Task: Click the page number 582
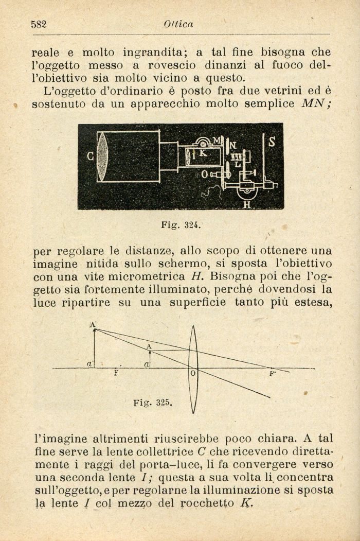(39, 24)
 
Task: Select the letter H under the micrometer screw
(246, 204)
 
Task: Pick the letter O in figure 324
(204, 174)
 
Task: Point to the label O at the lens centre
(192, 373)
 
